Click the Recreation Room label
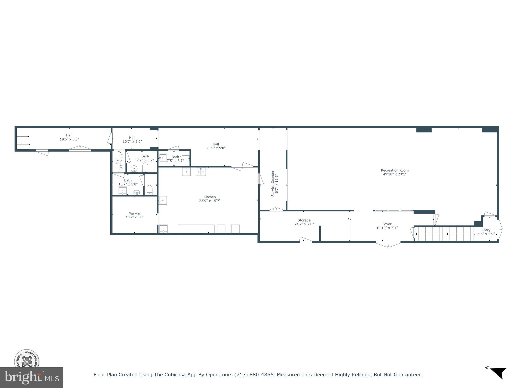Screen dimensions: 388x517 pos(395,171)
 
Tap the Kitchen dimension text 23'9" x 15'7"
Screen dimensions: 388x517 pos(210,201)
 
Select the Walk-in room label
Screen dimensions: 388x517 pos(134,213)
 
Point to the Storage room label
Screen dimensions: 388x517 pos(304,220)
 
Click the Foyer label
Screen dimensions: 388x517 pos(387,224)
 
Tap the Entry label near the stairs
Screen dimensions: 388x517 pos(486,230)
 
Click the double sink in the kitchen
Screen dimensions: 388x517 pos(201,172)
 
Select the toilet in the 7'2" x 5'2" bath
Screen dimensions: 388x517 pos(145,167)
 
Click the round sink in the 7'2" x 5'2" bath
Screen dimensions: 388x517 pos(134,168)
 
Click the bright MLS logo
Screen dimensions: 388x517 pos(31,378)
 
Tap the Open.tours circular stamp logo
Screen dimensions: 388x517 pos(27,359)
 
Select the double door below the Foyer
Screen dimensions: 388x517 pos(388,243)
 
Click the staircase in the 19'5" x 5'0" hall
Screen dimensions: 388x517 pos(23,137)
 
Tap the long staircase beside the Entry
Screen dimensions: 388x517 pos(444,234)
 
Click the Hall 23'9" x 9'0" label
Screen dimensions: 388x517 pos(216,144)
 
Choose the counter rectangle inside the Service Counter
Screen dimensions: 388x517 pos(283,185)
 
